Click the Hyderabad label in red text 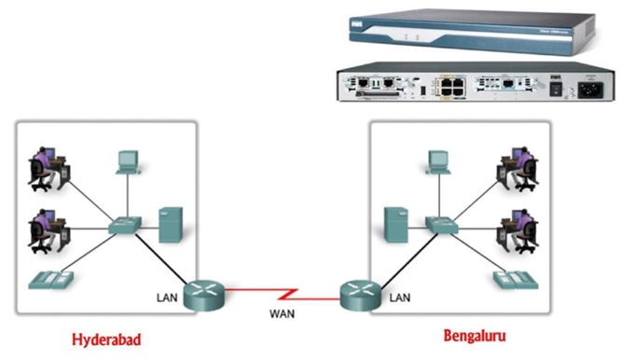point(106,339)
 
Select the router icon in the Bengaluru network point(360,293)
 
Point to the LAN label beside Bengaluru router point(399,298)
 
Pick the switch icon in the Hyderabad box point(124,225)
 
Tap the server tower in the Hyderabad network point(170,224)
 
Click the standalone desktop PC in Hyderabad point(127,162)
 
